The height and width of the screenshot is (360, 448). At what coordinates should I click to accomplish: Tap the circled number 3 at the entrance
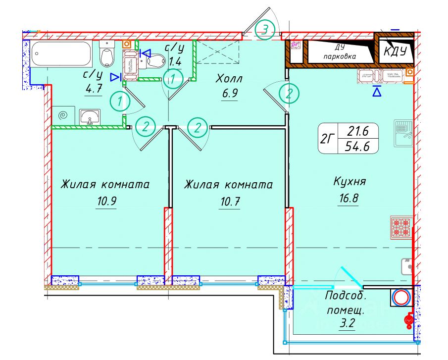265,30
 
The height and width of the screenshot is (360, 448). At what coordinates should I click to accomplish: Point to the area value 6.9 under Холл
229,94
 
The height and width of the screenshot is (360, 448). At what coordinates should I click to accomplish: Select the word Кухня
349,182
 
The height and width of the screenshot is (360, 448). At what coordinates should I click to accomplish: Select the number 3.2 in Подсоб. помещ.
345,325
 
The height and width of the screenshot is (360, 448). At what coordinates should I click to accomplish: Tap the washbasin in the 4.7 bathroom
90,117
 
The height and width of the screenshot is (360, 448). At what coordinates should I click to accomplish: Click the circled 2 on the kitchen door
289,93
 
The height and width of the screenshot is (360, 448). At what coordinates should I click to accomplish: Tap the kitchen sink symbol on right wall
403,131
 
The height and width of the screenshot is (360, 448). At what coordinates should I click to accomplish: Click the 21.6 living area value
357,131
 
